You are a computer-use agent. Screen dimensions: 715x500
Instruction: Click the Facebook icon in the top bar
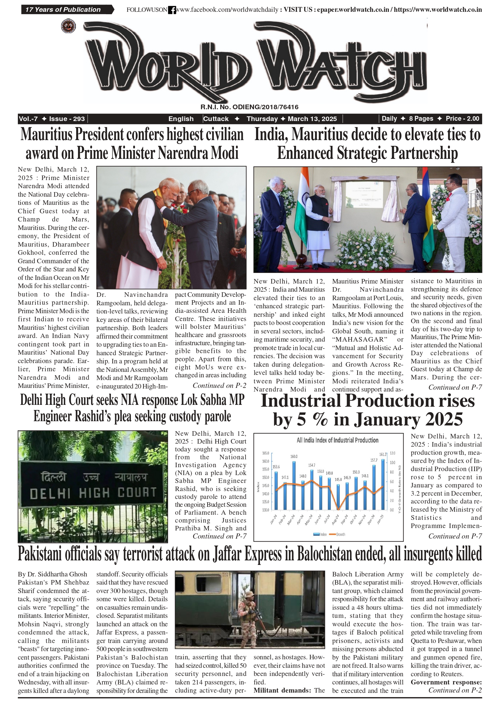click(x=172, y=10)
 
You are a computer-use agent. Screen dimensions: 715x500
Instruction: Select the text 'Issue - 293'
click(x=67, y=119)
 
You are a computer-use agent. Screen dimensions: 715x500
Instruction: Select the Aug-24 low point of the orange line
click(x=339, y=509)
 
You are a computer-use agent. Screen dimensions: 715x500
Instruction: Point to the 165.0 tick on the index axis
click(x=265, y=453)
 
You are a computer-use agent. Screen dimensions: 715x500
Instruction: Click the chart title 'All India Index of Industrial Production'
click(x=337, y=440)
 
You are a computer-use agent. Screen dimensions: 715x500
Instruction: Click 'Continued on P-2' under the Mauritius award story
click(x=219, y=385)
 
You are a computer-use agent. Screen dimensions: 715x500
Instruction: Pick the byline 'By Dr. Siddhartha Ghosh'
click(x=52, y=574)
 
